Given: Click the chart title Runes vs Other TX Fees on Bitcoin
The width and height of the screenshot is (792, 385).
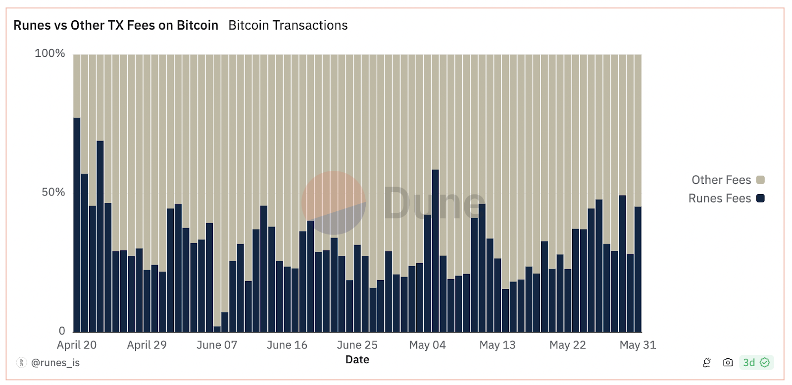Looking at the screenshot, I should pos(116,25).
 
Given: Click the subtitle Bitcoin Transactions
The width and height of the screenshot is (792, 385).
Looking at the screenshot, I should pos(288,25).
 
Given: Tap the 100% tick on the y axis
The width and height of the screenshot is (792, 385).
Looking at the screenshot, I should pos(49,53).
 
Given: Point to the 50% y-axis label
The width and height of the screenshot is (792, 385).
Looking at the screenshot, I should pos(53,192).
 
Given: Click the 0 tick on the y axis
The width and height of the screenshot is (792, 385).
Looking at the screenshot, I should pos(62,331).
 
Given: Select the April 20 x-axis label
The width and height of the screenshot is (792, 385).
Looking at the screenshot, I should pos(77,345).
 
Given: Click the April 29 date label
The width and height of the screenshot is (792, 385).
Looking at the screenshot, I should pos(147,345).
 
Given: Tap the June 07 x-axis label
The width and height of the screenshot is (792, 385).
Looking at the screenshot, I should pos(217,345).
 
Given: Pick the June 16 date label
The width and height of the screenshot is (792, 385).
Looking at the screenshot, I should pos(287,345).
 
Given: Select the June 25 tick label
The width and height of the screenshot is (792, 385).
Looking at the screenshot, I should pos(357,345).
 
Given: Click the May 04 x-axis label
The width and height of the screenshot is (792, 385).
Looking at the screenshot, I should pos(427,345).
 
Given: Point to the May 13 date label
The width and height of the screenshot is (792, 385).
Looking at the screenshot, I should pos(497,345).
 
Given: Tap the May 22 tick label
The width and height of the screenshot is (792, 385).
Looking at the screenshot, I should pos(567,345).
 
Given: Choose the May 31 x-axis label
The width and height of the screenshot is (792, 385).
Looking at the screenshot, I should pos(638,345).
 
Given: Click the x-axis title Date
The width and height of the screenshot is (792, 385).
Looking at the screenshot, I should pos(357,360).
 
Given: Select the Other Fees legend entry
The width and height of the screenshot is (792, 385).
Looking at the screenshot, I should pos(721,180).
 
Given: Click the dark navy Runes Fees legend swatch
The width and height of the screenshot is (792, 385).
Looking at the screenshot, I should pos(760,198).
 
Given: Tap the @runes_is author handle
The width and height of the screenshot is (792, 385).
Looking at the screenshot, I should pos(55,363).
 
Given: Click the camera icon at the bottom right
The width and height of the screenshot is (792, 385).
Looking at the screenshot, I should pos(728,363).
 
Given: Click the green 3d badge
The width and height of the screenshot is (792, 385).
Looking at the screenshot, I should pos(756,363).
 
